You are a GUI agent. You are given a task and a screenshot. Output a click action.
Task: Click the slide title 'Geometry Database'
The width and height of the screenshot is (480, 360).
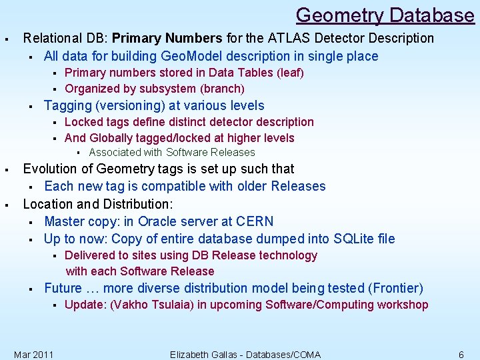coord(385,15)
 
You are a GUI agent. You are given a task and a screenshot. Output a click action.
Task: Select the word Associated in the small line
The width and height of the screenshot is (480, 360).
coord(115,152)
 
